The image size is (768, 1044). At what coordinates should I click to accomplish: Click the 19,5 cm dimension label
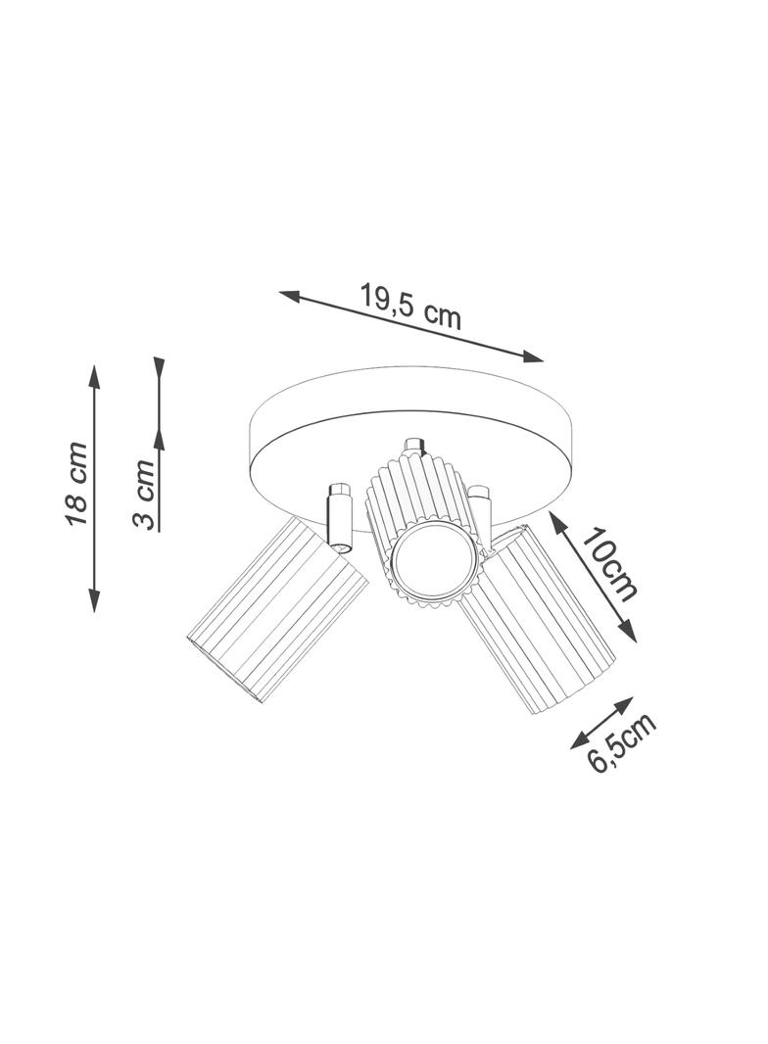pos(410,306)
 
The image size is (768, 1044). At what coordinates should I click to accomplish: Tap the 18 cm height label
pos(76,483)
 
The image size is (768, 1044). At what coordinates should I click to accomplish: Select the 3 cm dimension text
pos(145,494)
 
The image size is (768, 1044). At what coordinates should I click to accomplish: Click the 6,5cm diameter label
pos(622,742)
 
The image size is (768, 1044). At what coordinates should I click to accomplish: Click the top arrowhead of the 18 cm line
pos(95,376)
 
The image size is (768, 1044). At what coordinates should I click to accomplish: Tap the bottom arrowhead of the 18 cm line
pos(95,599)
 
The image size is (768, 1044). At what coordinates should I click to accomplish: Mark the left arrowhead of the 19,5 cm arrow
pos(290,296)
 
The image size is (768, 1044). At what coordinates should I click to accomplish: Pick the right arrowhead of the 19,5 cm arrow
pos(532,356)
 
